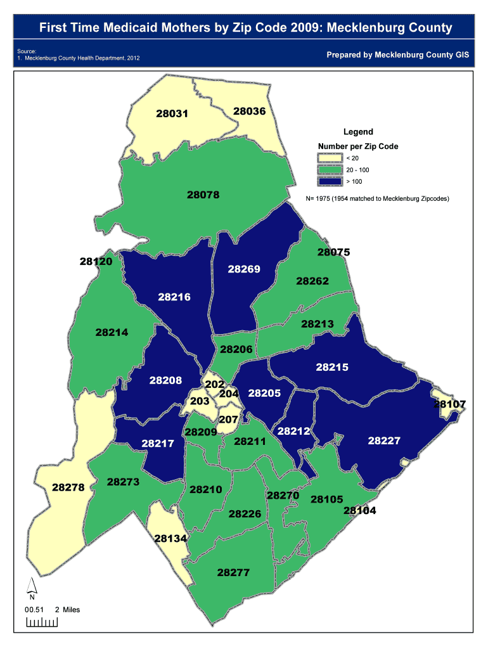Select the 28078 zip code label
pyautogui.click(x=203, y=195)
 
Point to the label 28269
pyautogui.click(x=244, y=269)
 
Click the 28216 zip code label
pyautogui.click(x=174, y=297)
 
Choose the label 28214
pyautogui.click(x=112, y=332)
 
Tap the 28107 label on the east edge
pyautogui.click(x=450, y=404)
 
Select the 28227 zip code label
pyautogui.click(x=384, y=440)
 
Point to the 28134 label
pyautogui.click(x=170, y=538)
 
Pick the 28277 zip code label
pyautogui.click(x=233, y=572)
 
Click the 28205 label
pyautogui.click(x=264, y=393)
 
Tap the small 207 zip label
pyautogui.click(x=228, y=420)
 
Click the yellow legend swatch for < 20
pyautogui.click(x=330, y=158)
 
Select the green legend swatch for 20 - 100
pyautogui.click(x=330, y=170)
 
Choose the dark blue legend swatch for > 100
pyautogui.click(x=330, y=182)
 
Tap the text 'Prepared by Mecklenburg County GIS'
pyautogui.click(x=398, y=55)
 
